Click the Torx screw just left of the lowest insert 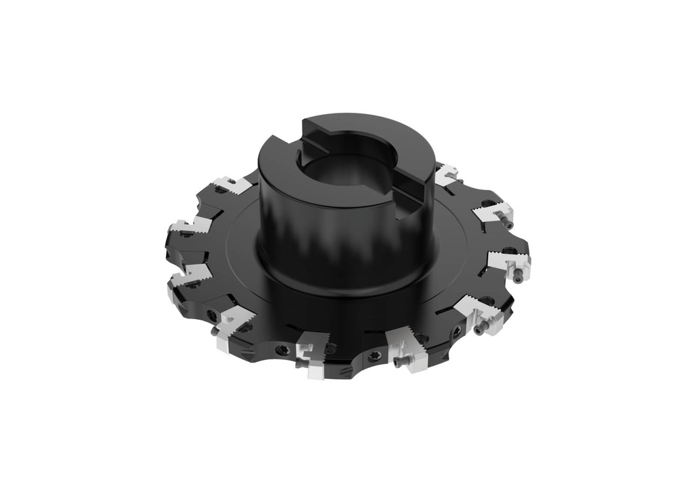[x=283, y=350]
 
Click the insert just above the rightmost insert [x=491, y=211]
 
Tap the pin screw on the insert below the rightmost [x=482, y=330]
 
